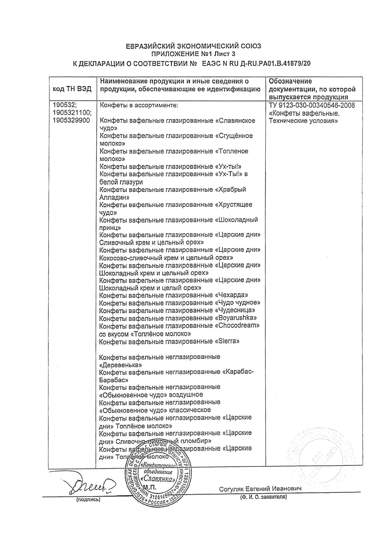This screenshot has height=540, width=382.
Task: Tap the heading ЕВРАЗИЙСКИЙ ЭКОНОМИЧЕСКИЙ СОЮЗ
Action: [193, 46]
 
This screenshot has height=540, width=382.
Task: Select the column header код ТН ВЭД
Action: [72, 89]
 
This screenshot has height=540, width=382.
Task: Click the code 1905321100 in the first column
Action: [72, 113]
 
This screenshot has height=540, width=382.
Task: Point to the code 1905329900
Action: [71, 121]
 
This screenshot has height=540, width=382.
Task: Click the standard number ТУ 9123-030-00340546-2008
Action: [312, 106]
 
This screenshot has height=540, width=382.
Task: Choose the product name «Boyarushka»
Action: [235, 318]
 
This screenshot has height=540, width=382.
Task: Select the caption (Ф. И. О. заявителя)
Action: [263, 497]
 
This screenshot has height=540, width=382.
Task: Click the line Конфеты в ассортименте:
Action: [139, 106]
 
